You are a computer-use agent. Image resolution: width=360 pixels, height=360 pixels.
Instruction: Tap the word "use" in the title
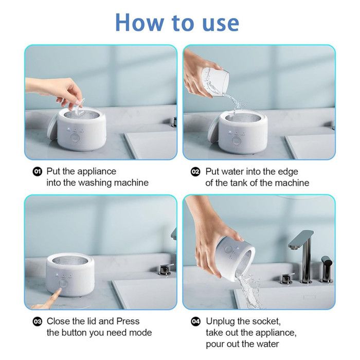pyautogui.click(x=221, y=24)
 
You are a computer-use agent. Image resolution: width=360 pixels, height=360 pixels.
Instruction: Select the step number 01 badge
pyautogui.click(x=37, y=171)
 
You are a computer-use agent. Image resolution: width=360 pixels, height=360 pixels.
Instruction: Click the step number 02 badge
pyautogui.click(x=195, y=172)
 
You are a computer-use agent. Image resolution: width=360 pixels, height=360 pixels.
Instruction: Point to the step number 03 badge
pyautogui.click(x=38, y=321)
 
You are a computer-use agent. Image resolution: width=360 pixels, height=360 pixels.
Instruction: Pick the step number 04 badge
pyautogui.click(x=196, y=321)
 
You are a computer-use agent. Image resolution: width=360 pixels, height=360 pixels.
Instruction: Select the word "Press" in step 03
pyautogui.click(x=128, y=321)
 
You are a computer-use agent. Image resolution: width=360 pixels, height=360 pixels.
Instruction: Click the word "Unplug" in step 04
pyautogui.click(x=221, y=321)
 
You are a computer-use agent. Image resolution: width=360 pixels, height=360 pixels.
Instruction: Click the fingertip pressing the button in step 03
pyautogui.click(x=59, y=291)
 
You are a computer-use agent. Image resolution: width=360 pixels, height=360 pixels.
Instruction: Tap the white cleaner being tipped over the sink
pyautogui.click(x=235, y=258)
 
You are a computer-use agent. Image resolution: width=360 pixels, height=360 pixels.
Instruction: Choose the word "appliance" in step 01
pyautogui.click(x=97, y=172)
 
